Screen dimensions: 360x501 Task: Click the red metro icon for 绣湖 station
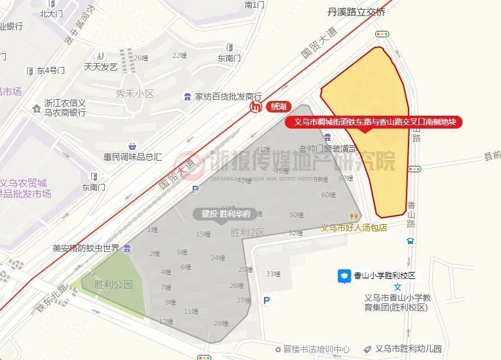pyautogui.click(x=256, y=107)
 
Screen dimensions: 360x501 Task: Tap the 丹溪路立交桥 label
pyautogui.click(x=356, y=12)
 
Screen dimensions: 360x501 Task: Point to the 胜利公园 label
pyautogui.click(x=113, y=284)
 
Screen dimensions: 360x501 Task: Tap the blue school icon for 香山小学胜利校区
pyautogui.click(x=344, y=276)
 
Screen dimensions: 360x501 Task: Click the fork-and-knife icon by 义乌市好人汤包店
pyautogui.click(x=353, y=217)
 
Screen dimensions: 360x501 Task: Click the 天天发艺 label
pyautogui.click(x=100, y=66)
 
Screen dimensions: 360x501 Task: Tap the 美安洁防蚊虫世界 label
pyautogui.click(x=86, y=248)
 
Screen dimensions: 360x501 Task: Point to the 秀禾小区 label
pyautogui.click(x=134, y=94)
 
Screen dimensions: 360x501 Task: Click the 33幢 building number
pyautogui.click(x=273, y=274)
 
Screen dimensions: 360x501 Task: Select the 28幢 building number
pyautogui.click(x=221, y=323)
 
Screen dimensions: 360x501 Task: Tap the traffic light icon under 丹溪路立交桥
pyautogui.click(x=383, y=34)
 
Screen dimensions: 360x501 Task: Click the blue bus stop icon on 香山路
pyautogui.click(x=410, y=242)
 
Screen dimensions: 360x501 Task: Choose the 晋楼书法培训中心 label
pyautogui.click(x=317, y=349)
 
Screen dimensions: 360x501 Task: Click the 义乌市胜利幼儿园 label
pyautogui.click(x=409, y=349)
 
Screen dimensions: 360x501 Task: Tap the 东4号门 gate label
pyautogui.click(x=50, y=70)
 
